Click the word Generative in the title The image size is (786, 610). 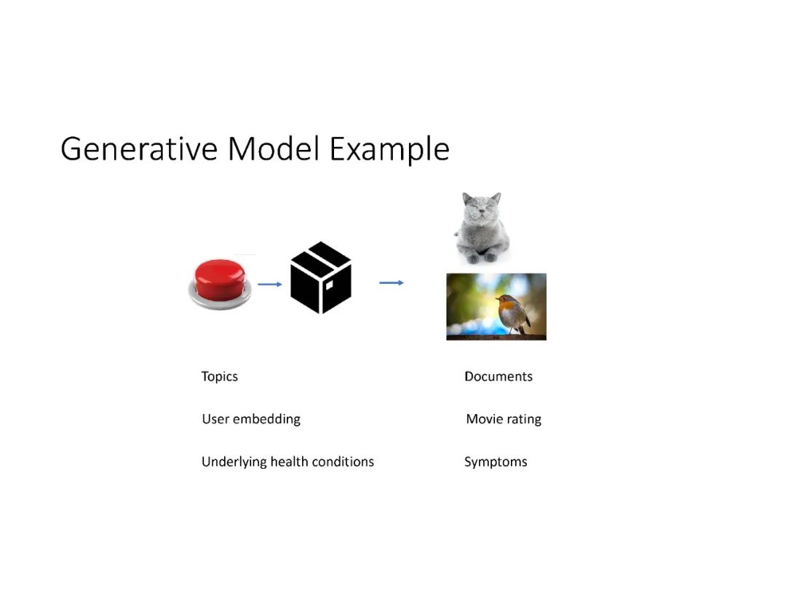(x=139, y=149)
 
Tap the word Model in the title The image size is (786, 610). (x=273, y=148)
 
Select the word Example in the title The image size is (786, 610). (x=389, y=149)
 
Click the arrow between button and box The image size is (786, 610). (x=270, y=284)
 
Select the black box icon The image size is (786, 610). (x=321, y=277)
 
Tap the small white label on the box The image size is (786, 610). (x=330, y=285)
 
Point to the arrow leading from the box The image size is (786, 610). (x=392, y=282)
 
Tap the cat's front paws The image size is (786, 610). (x=481, y=257)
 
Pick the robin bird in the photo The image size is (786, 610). (x=513, y=314)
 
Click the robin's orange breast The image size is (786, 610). (x=509, y=306)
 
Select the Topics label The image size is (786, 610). (x=220, y=377)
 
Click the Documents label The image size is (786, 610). (x=499, y=376)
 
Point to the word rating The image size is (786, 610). (x=524, y=419)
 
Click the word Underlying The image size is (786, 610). (x=234, y=462)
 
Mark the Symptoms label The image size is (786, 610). (x=496, y=462)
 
